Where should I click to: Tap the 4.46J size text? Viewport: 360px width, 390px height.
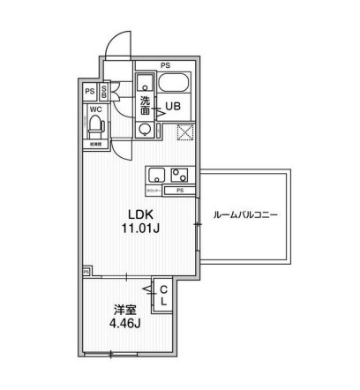pos(125,323)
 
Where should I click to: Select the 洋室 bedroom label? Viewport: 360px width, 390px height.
pos(124,309)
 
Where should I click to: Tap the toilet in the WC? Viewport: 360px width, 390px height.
pos(94,127)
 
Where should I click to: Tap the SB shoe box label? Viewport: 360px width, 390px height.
pos(104,91)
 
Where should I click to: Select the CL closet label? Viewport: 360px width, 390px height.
pos(164,295)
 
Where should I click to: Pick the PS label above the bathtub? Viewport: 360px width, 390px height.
pos(165,64)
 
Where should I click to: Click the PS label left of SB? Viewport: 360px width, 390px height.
pos(89,91)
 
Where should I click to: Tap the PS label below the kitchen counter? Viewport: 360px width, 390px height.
pos(179,190)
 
